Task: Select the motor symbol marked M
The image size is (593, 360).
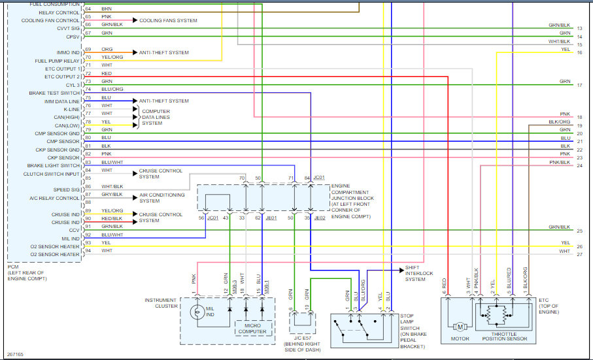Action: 460,325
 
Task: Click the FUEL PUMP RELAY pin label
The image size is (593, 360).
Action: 58,61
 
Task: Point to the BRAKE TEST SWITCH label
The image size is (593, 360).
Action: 54,93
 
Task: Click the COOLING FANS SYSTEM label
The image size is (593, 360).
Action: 168,21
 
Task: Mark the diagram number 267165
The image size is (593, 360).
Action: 15,354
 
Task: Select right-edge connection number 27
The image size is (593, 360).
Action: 580,254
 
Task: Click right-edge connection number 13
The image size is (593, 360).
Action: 580,29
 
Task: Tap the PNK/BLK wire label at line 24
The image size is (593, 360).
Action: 560,161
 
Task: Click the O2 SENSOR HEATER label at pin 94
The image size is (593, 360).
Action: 56,254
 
